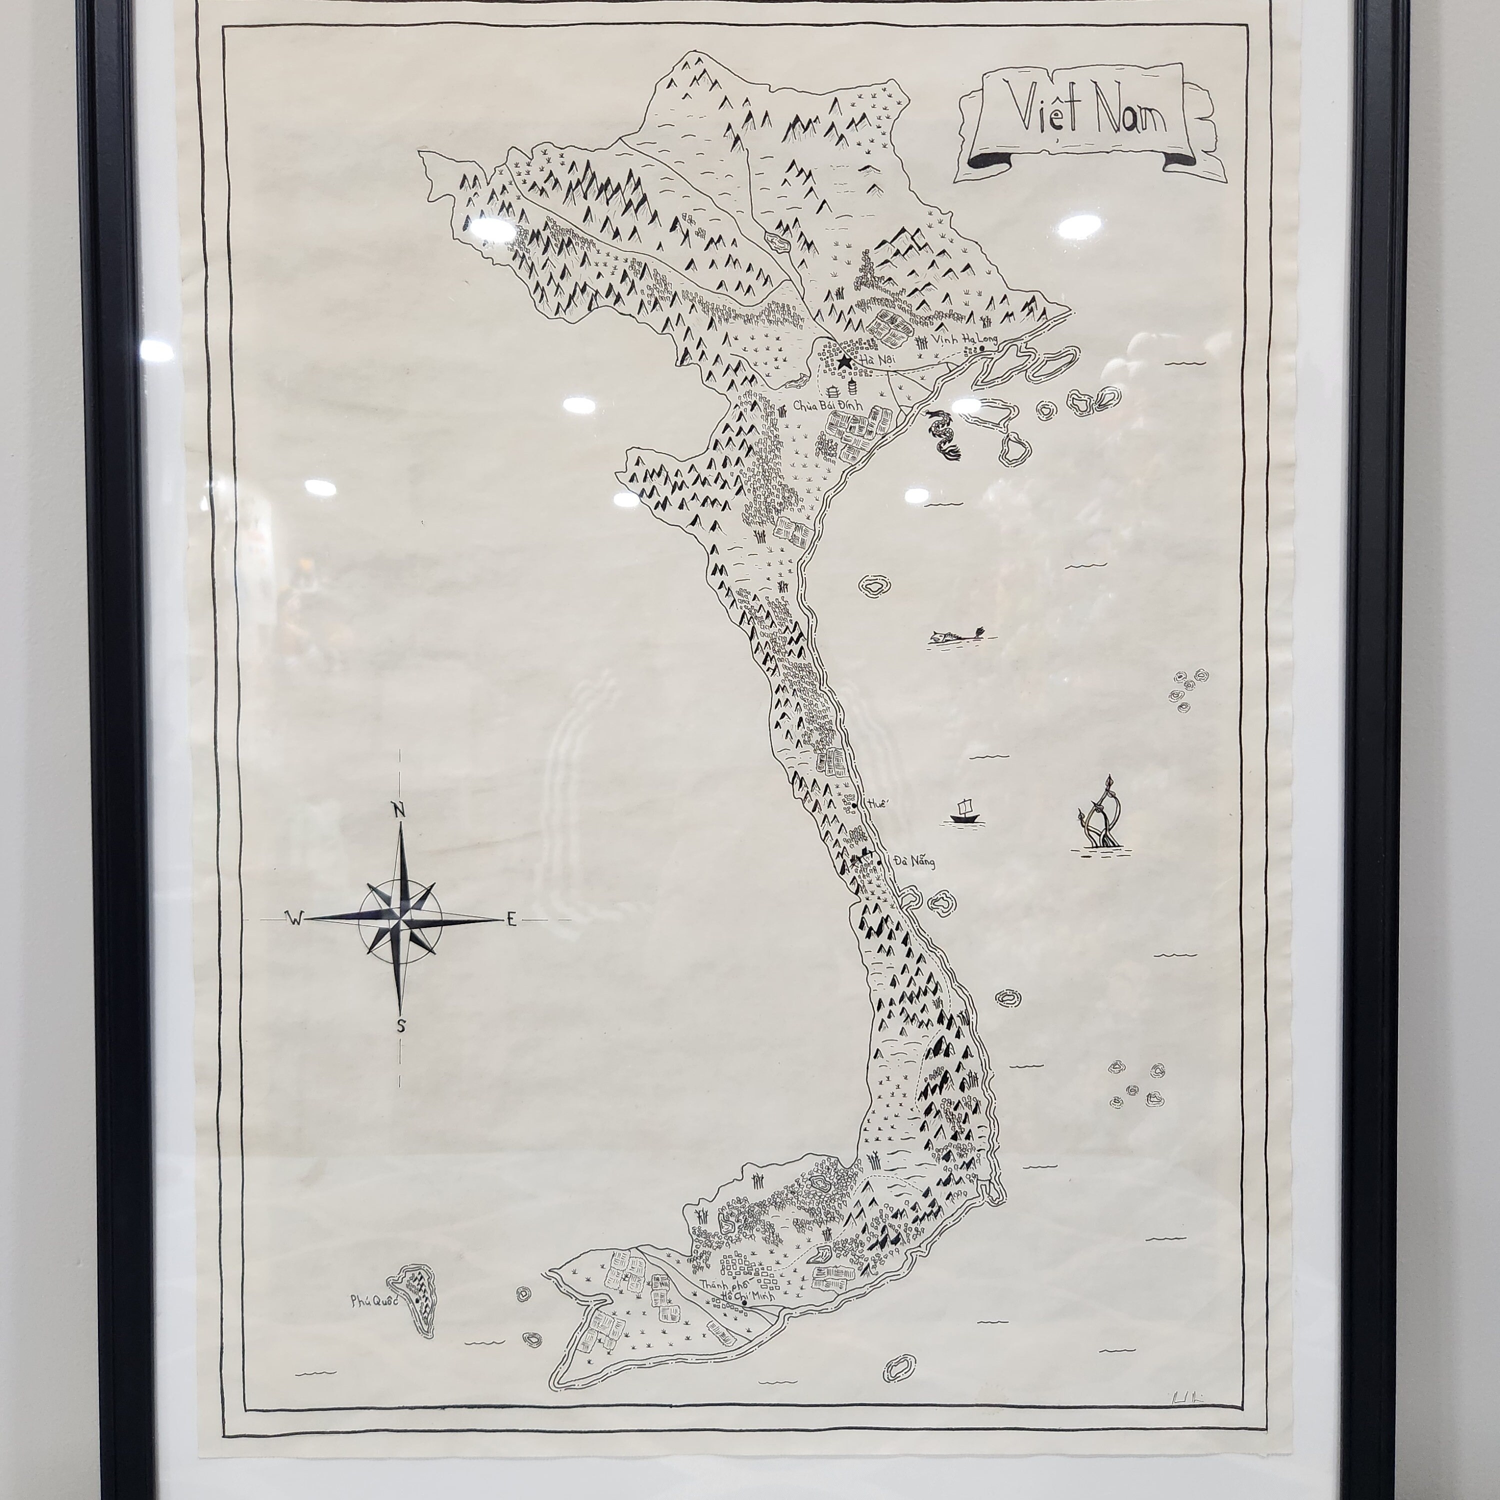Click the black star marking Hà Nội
844,362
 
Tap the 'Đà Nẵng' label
914,861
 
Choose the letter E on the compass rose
511,921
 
